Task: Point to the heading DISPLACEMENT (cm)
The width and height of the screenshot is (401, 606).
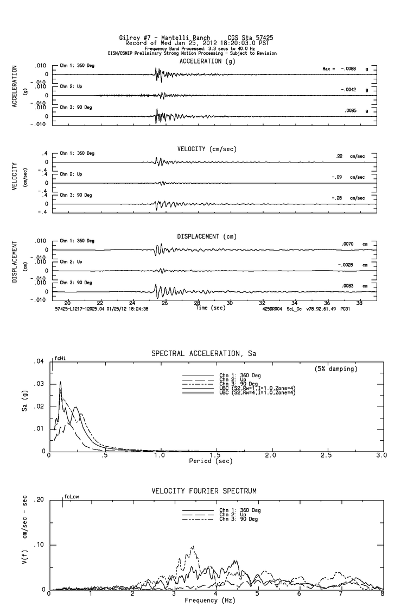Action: [x=207, y=236]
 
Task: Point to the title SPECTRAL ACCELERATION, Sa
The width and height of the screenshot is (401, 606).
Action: [x=203, y=354]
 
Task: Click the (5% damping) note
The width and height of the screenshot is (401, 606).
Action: [x=336, y=369]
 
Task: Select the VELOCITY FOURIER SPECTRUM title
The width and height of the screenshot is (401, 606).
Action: [x=204, y=491]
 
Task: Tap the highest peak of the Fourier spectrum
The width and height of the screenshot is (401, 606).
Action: [x=193, y=547]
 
